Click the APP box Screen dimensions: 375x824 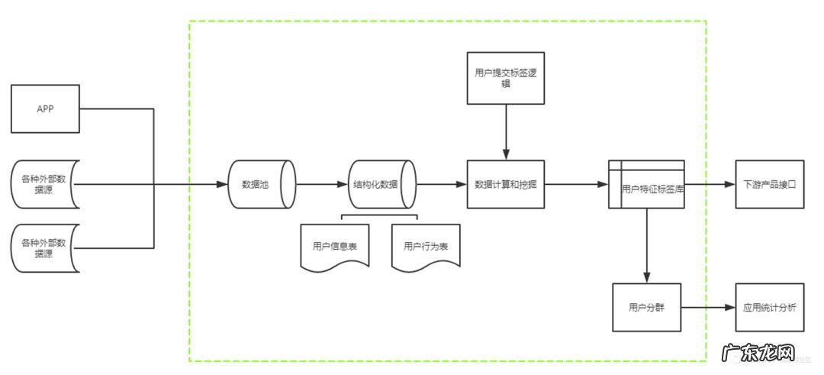click(x=45, y=108)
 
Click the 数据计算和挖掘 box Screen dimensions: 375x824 click(x=506, y=184)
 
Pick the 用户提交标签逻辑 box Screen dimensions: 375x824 click(x=506, y=78)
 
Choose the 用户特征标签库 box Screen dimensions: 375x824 click(x=646, y=184)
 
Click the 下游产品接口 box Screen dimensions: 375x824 click(x=769, y=184)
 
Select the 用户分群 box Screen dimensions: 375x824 click(x=646, y=307)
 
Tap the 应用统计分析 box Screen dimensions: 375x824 click(x=769, y=307)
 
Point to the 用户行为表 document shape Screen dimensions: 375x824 click(x=426, y=246)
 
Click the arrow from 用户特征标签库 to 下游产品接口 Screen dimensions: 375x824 click(x=709, y=184)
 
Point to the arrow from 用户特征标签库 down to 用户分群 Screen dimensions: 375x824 click(x=646, y=244)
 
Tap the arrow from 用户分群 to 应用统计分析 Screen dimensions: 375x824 click(x=707, y=307)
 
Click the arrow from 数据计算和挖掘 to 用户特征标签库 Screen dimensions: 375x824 click(x=576, y=184)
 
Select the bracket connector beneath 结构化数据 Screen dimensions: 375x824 click(x=380, y=216)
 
